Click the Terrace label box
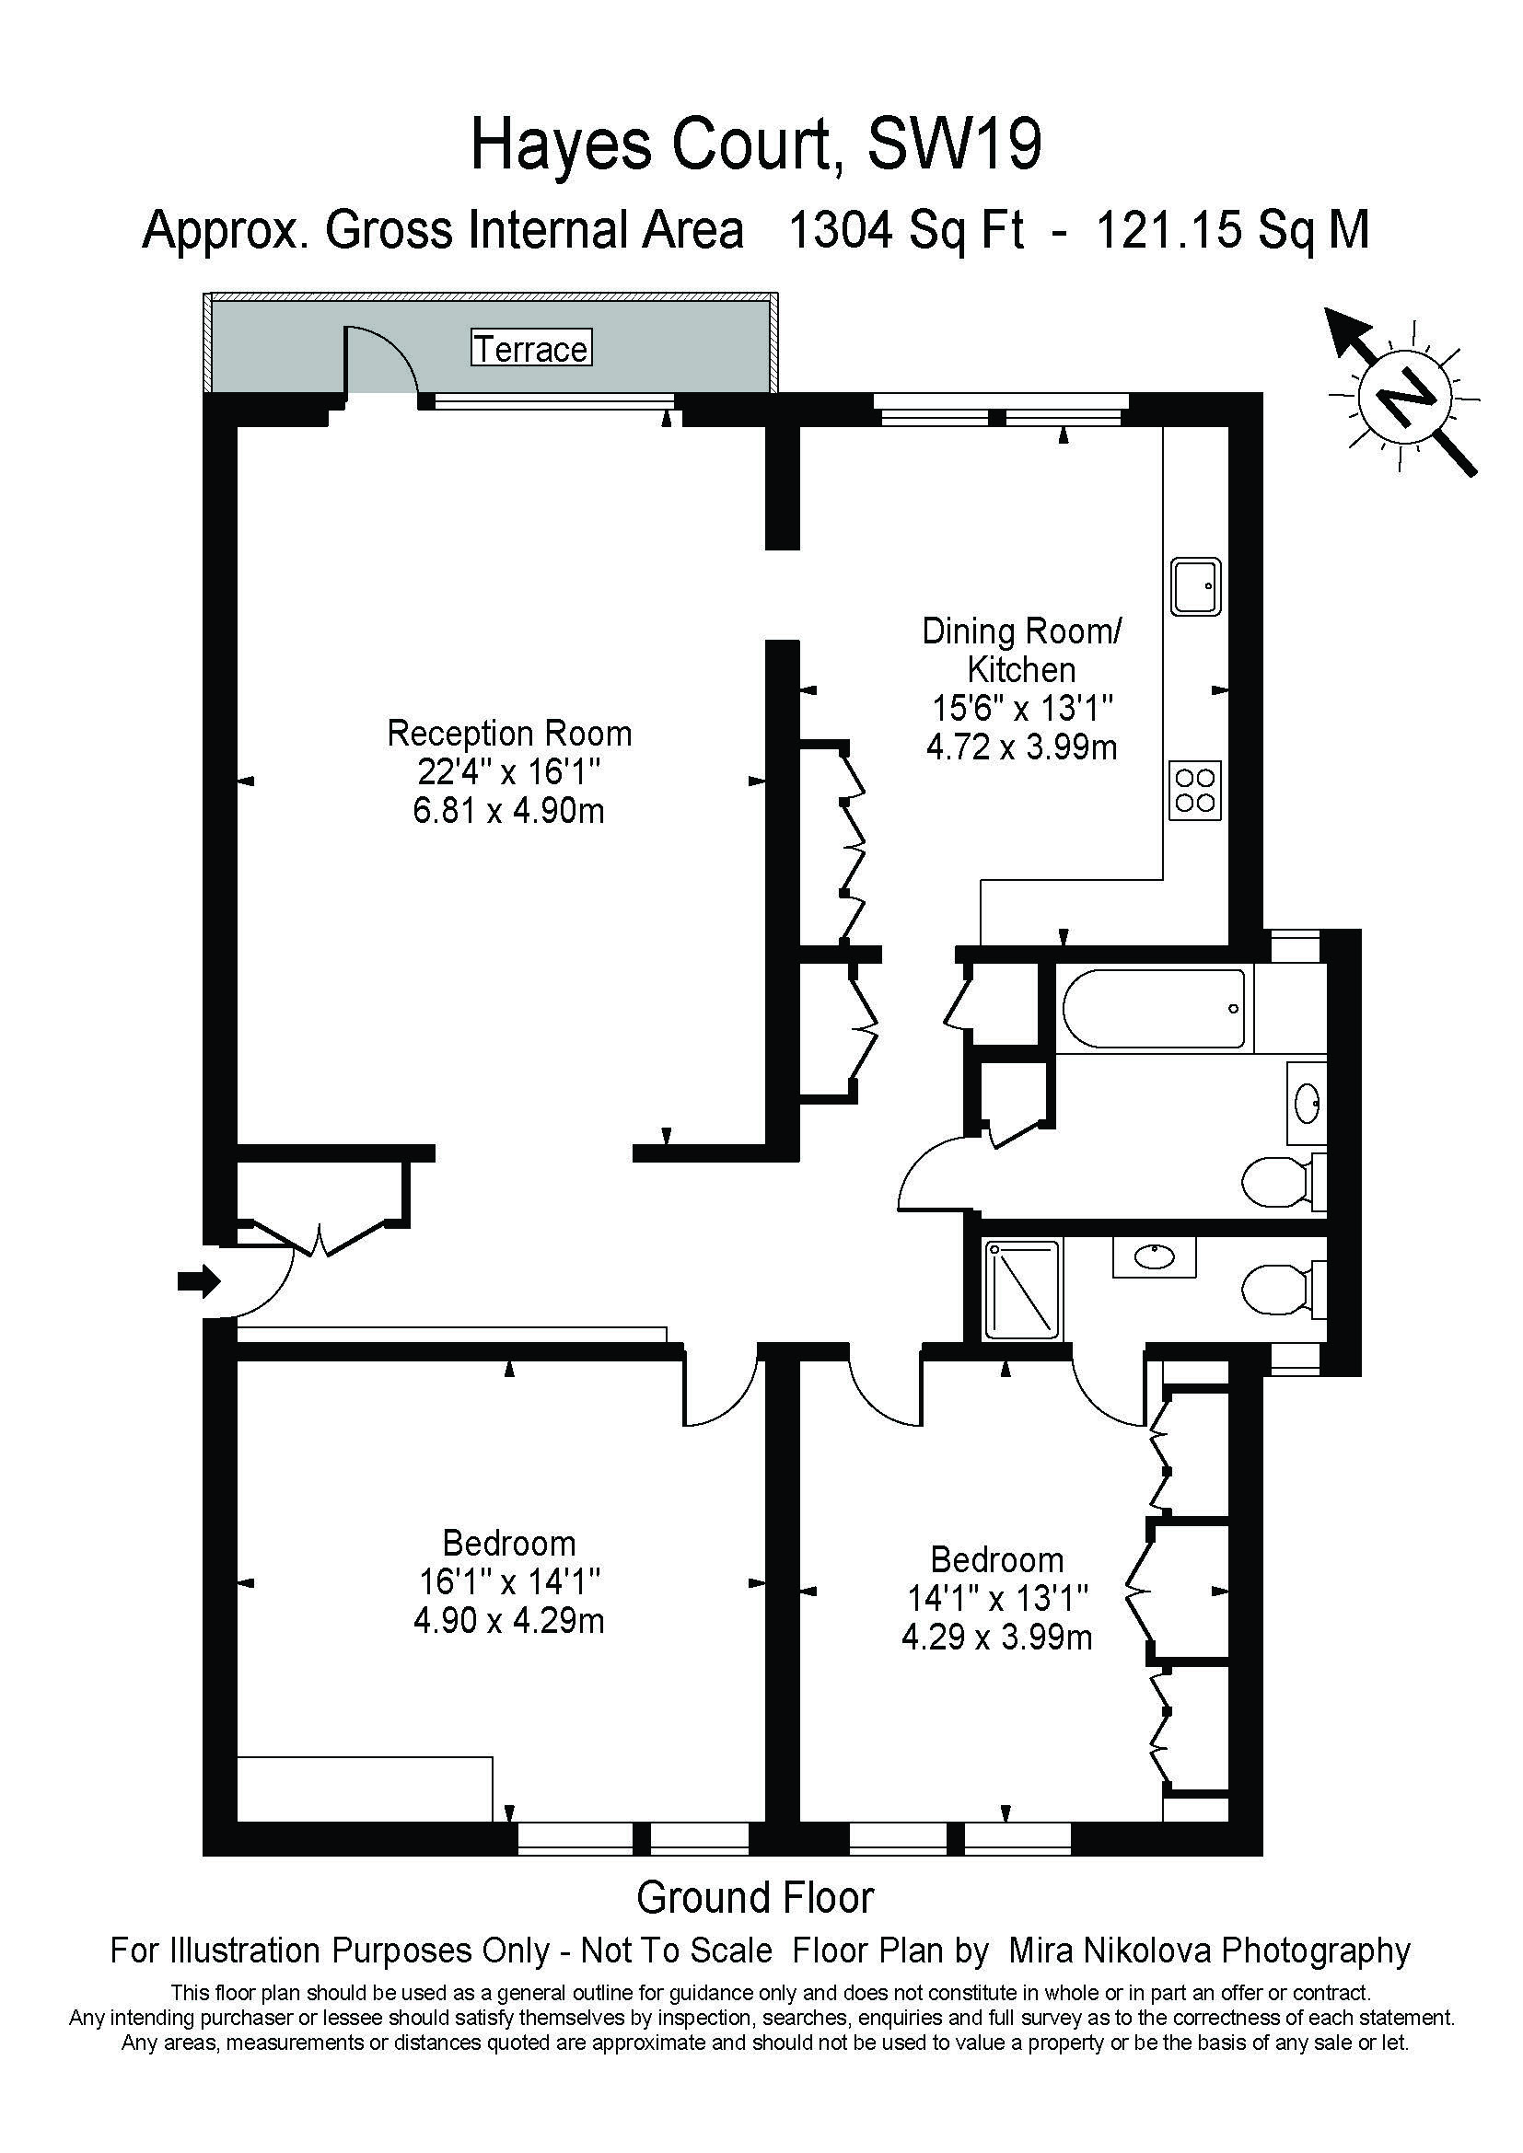pos(531,348)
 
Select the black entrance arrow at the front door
pos(199,1280)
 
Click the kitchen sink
pos(1197,587)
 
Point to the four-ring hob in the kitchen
pos(1196,790)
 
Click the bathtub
pos(1155,1009)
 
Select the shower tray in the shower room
pos(1022,1291)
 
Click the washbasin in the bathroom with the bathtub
pos(1307,1103)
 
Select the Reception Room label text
pos(509,734)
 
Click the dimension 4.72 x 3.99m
pos(1022,747)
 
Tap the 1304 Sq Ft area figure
pos(907,230)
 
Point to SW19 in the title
pos(954,145)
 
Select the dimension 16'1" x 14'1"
pos(509,1582)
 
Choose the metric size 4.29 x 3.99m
pos(997,1638)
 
